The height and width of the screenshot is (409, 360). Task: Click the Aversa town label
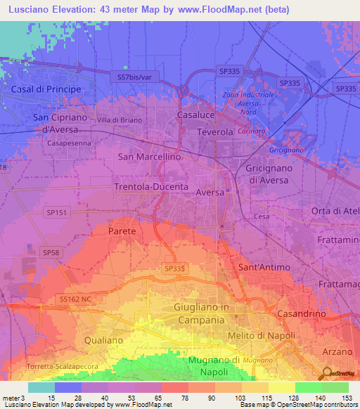click(x=210, y=192)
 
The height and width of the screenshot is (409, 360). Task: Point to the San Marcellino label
click(x=149, y=157)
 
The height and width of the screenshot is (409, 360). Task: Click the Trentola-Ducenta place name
click(x=151, y=187)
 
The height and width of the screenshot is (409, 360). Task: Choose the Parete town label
click(x=122, y=231)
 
